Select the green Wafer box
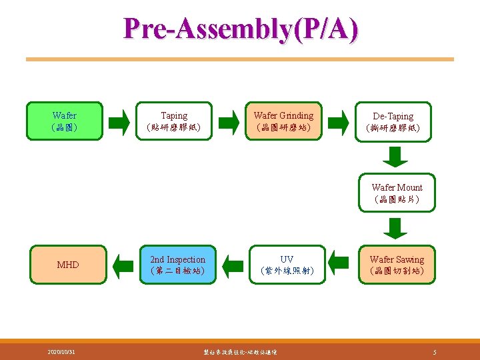(x=65, y=121)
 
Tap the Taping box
(x=174, y=121)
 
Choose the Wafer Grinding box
(x=283, y=121)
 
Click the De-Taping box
(x=393, y=121)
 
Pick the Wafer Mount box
(x=397, y=193)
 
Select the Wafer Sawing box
(x=397, y=265)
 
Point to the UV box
(x=287, y=265)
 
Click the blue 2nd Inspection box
(x=177, y=265)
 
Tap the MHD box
(x=67, y=265)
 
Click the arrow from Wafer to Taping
(x=119, y=121)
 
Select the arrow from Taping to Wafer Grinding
(x=229, y=121)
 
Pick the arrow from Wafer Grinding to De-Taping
(x=339, y=121)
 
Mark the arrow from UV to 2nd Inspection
(x=233, y=265)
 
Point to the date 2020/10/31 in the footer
(x=61, y=351)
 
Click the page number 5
(x=434, y=351)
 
